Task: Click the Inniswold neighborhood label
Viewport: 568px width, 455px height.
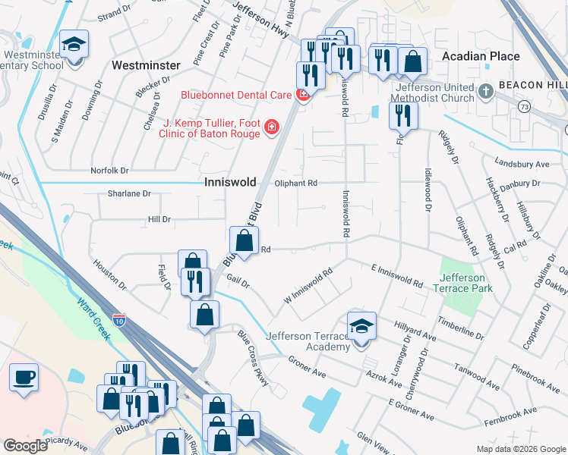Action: point(230,183)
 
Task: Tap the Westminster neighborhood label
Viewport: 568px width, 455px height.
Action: point(145,66)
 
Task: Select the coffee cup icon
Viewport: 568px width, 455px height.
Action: point(24,377)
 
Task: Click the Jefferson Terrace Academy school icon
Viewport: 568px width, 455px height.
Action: point(361,327)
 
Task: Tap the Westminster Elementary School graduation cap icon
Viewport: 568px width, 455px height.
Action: point(74,45)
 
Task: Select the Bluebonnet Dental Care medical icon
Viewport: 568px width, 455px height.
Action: point(303,96)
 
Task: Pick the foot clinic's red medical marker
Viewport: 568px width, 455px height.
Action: point(271,127)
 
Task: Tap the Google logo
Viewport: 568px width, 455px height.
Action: point(26,446)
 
